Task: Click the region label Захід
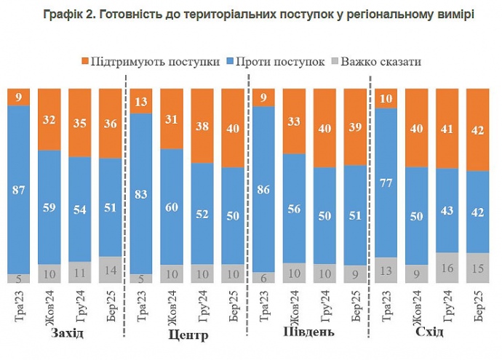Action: (x=68, y=333)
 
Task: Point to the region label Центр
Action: (x=188, y=335)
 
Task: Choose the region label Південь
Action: (x=308, y=333)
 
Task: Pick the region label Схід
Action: (x=432, y=333)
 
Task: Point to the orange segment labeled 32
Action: (x=49, y=119)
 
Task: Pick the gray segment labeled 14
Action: (x=110, y=270)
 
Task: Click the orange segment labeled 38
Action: (x=202, y=125)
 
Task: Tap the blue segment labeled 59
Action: (x=49, y=207)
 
